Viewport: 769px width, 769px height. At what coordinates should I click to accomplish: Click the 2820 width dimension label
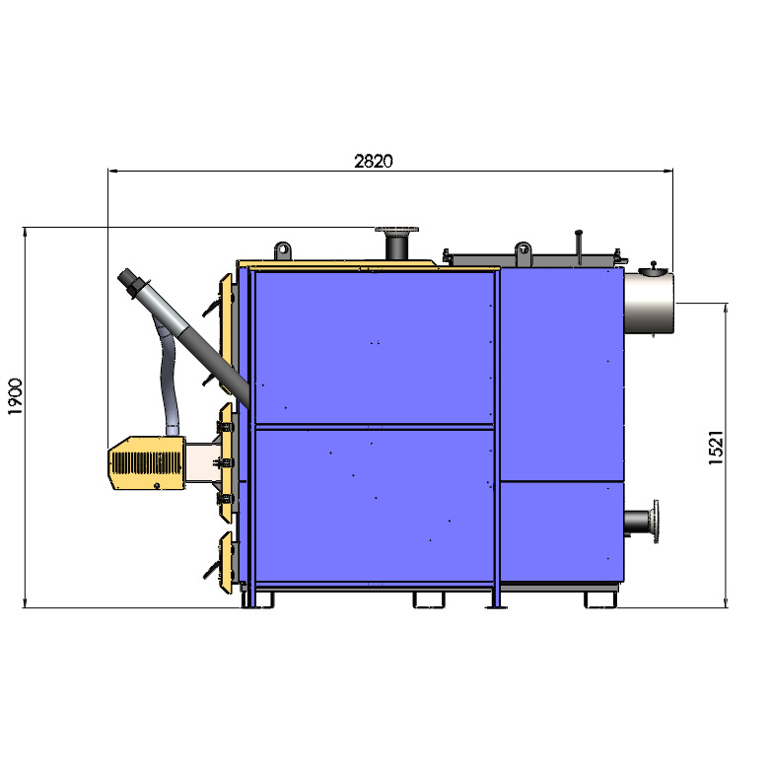(x=374, y=161)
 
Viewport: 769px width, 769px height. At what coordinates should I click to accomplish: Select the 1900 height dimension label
(x=15, y=396)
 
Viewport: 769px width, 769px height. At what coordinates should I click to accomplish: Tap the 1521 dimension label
(x=716, y=448)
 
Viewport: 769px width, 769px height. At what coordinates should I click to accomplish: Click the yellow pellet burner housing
(x=146, y=462)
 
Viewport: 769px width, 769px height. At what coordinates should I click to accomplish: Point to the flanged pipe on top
(x=396, y=243)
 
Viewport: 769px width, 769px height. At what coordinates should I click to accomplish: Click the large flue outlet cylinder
(x=649, y=303)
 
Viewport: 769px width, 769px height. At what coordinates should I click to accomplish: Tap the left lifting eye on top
(x=283, y=250)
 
